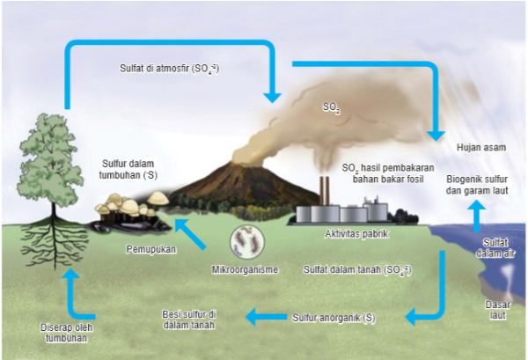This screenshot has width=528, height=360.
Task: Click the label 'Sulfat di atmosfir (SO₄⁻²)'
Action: pos(169,67)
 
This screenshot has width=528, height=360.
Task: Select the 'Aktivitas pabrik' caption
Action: pos(357,234)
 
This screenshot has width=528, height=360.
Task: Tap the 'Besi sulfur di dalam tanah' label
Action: pos(189,320)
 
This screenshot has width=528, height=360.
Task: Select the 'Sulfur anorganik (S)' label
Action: pos(333,316)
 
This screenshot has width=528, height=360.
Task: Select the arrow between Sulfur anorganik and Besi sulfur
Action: pos(265,316)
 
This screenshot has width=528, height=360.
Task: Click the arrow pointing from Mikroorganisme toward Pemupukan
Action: pos(191,233)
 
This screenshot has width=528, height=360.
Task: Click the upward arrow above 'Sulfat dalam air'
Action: pos(476,215)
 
